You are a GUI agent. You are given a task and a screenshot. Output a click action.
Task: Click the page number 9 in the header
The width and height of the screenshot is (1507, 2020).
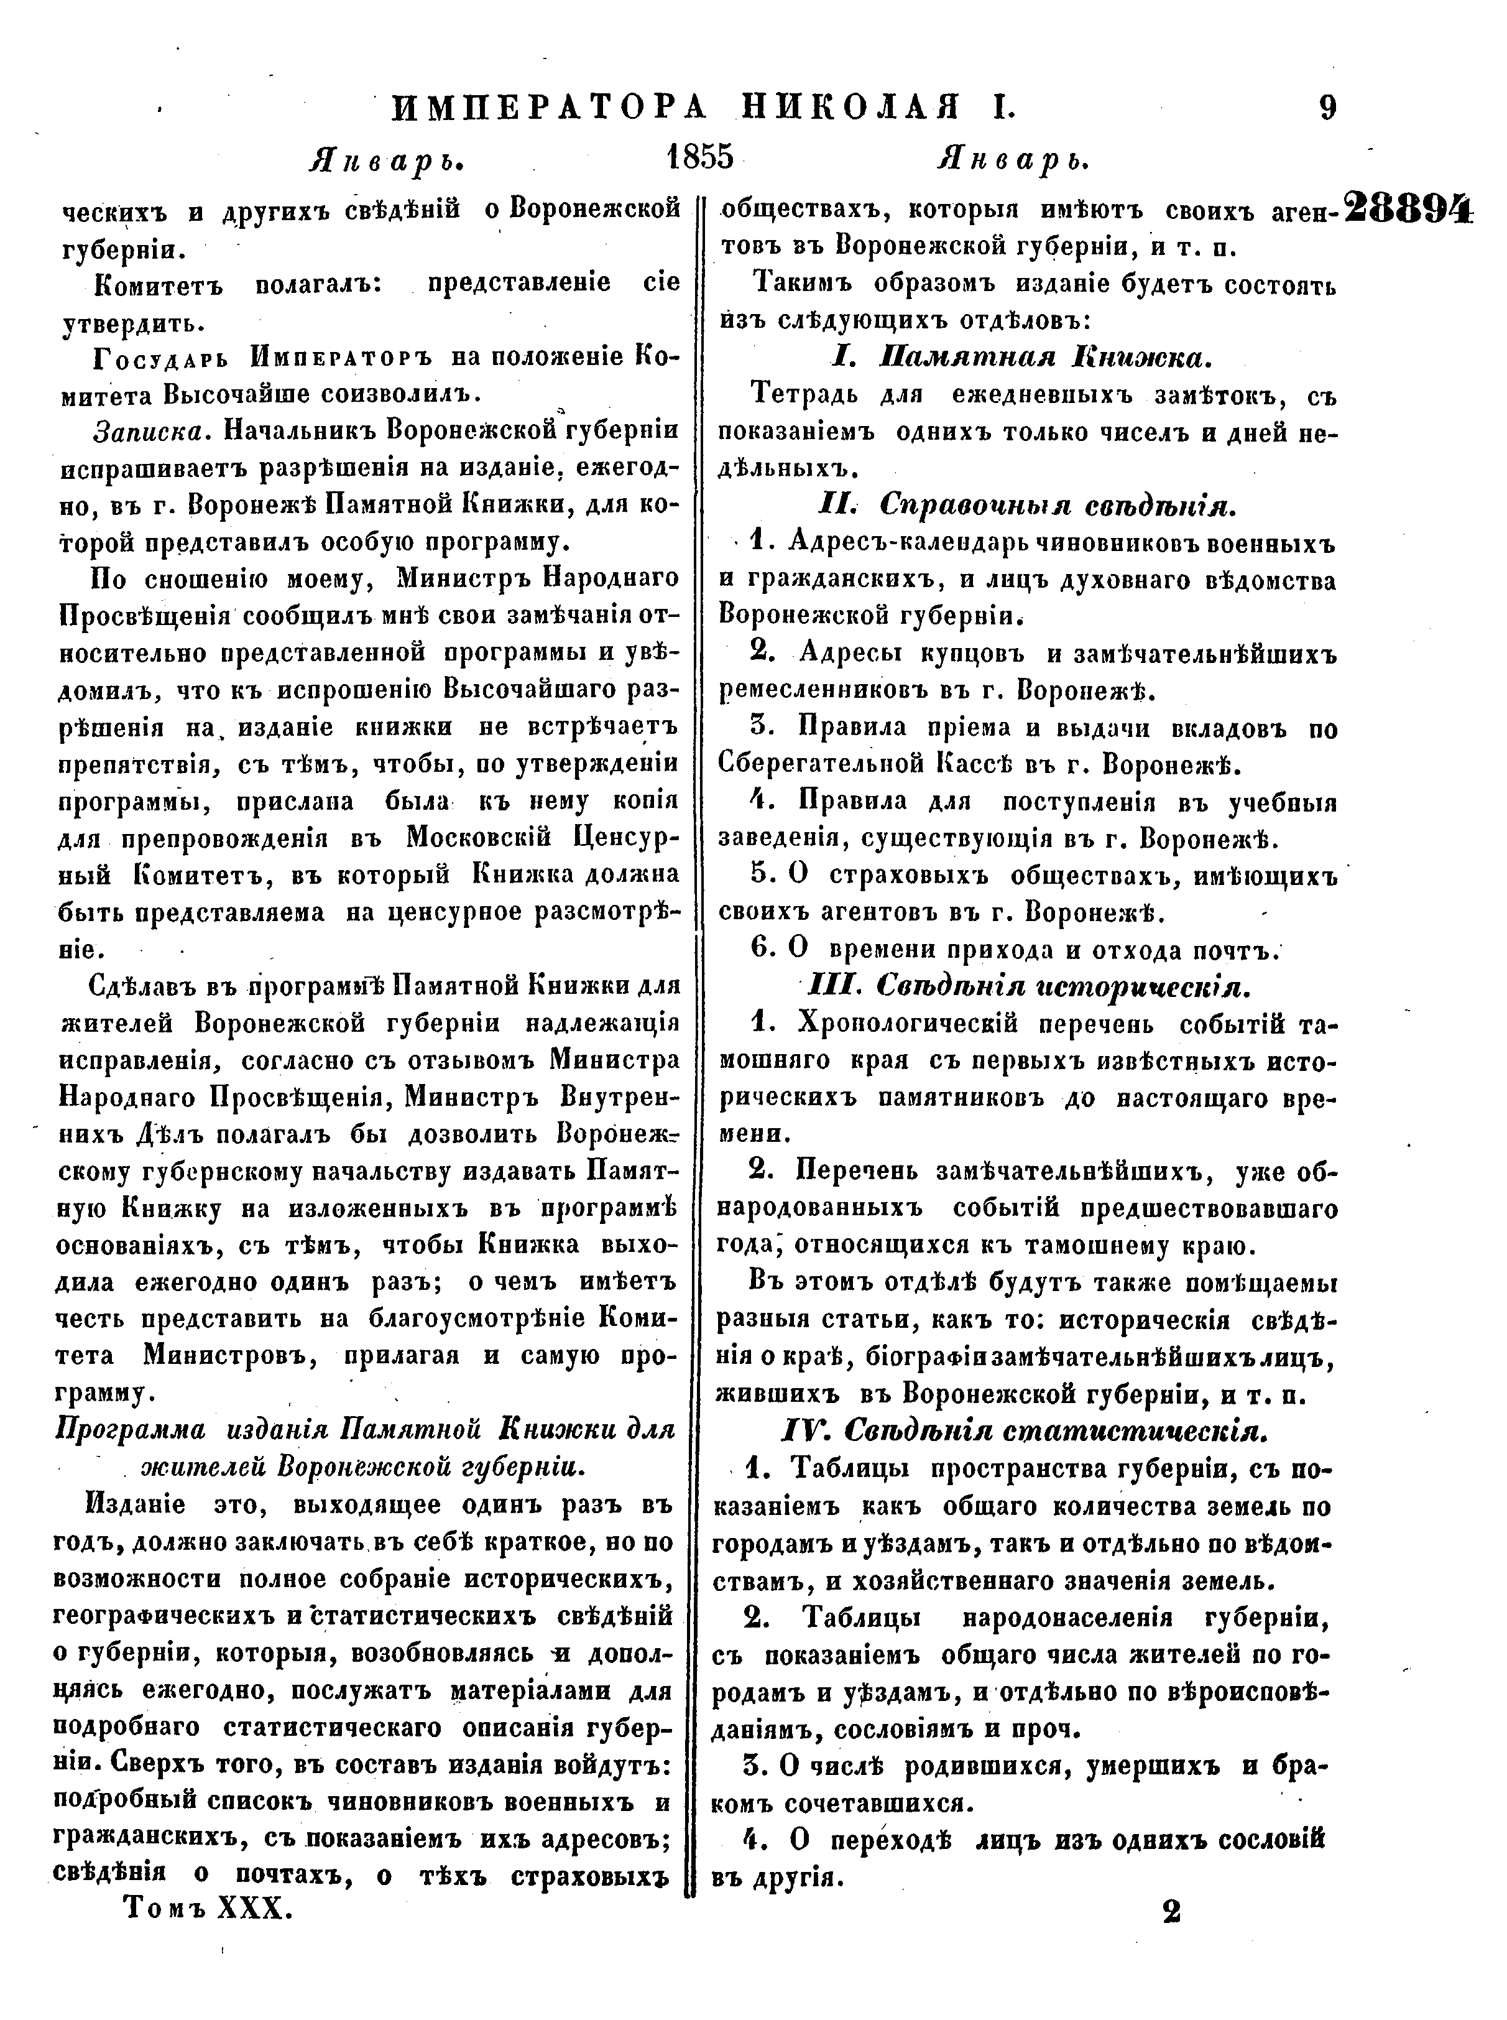[x=1327, y=109]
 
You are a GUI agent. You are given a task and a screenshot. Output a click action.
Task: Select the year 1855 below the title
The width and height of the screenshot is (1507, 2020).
[x=699, y=159]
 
